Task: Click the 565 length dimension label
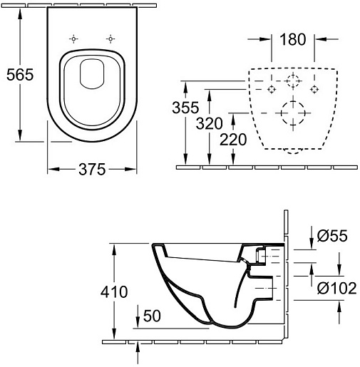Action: pos(19,74)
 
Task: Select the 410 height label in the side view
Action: pos(113,291)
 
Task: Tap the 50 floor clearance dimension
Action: pos(151,315)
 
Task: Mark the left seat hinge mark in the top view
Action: pos(73,38)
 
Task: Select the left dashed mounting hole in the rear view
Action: pos(271,90)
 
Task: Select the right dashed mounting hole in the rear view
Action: pos(314,90)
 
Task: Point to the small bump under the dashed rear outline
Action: pos(292,151)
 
